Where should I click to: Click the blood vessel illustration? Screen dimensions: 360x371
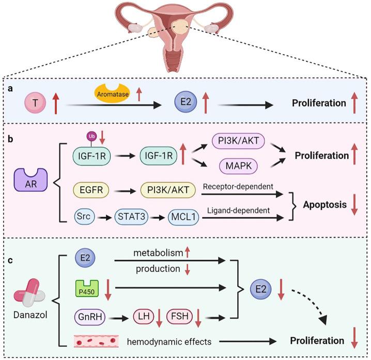pyautogui.click(x=96, y=340)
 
